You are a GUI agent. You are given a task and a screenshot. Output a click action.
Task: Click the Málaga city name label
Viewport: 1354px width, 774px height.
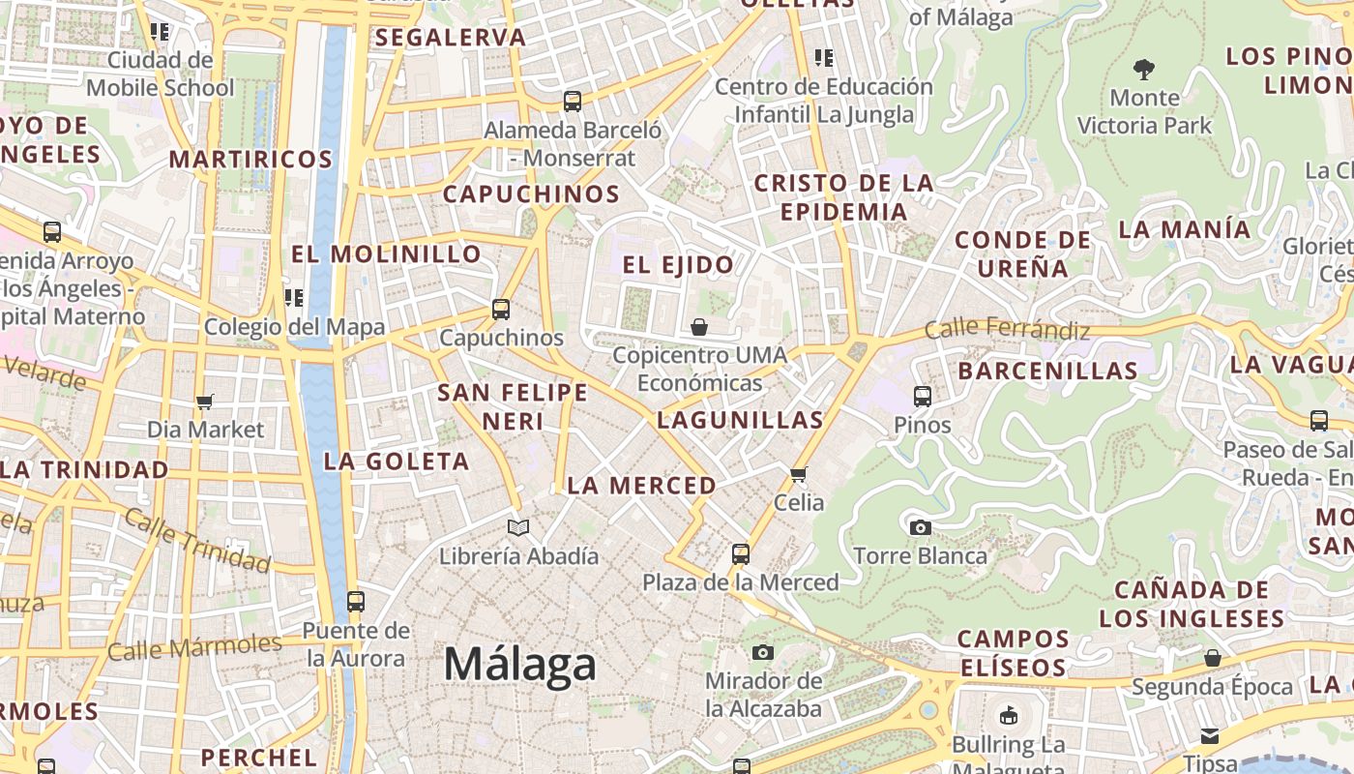click(x=519, y=666)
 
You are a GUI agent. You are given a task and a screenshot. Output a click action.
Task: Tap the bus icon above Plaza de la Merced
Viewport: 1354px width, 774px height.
click(x=741, y=554)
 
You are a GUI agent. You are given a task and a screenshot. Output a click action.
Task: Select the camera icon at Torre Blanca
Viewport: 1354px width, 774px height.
click(x=921, y=527)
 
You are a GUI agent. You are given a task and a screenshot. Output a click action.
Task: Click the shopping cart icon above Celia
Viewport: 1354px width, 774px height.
click(x=799, y=474)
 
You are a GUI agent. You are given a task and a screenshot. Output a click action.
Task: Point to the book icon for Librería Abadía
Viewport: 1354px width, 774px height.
click(x=518, y=527)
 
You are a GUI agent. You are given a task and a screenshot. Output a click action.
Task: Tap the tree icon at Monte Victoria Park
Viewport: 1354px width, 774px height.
click(x=1144, y=70)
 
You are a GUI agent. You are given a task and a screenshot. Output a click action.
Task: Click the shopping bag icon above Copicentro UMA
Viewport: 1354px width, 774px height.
click(x=699, y=327)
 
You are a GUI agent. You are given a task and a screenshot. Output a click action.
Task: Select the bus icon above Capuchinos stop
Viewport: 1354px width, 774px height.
click(x=501, y=310)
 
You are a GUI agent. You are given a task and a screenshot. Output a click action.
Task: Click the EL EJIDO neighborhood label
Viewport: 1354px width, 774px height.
click(x=677, y=264)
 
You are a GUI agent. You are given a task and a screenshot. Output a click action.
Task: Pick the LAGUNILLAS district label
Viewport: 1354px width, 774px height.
click(x=740, y=420)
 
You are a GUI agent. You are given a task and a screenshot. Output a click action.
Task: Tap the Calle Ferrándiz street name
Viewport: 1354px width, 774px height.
click(x=1007, y=329)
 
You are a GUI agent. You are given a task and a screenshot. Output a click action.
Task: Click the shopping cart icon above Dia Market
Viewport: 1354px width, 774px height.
click(x=204, y=401)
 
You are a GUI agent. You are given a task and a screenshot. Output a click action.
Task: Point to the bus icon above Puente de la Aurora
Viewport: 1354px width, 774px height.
click(x=356, y=601)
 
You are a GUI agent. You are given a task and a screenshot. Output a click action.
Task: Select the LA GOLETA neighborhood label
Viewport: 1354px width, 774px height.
click(x=397, y=461)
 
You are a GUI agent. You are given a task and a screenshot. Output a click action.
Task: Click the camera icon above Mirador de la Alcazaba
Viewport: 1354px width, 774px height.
click(x=763, y=652)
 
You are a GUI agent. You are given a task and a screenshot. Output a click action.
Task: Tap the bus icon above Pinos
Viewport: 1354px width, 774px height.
click(x=923, y=396)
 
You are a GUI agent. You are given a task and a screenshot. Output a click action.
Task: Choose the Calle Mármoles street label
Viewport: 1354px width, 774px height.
click(x=194, y=646)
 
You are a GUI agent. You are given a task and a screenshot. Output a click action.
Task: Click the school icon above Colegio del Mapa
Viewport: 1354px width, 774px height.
click(x=294, y=298)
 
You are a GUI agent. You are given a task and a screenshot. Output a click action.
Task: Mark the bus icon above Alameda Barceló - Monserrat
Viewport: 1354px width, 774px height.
click(x=573, y=101)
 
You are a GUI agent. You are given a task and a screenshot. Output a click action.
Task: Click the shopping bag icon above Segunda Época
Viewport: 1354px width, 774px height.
click(x=1212, y=659)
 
